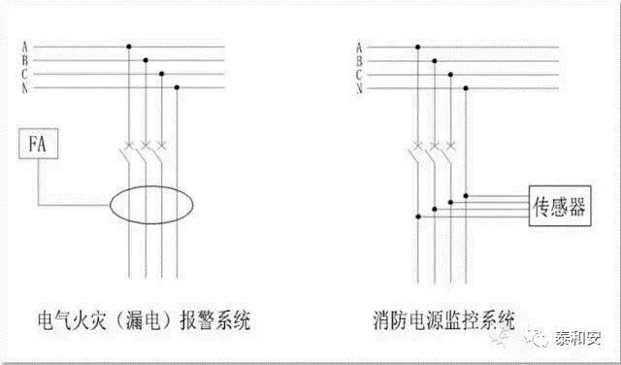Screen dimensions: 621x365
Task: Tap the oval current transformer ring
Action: tap(110, 205)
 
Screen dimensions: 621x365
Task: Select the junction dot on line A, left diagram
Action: tap(129, 47)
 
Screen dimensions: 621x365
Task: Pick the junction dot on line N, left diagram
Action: tap(177, 87)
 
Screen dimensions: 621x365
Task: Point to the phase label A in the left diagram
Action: tap(25, 47)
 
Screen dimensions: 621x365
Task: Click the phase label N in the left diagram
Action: tap(25, 87)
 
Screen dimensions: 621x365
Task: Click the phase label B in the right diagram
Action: tap(359, 61)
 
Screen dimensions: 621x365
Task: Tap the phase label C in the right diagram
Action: tap(359, 75)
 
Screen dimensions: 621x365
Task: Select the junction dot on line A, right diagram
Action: tap(418, 48)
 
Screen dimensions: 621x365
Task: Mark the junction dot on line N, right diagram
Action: tap(466, 88)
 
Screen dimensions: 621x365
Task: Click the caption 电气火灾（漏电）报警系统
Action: tap(145, 320)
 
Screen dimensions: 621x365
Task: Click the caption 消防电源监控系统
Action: tap(444, 320)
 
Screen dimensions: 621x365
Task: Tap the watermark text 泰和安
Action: tap(578, 338)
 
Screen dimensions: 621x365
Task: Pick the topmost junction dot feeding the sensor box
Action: tap(466, 196)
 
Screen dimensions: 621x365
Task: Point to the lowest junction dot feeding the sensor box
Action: tap(418, 216)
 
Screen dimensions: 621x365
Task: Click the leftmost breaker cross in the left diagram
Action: tap(129, 144)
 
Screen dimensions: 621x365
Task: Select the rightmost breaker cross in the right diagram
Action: tap(450, 146)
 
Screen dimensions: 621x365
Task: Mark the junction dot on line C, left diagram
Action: tap(161, 74)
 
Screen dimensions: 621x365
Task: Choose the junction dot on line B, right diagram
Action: tap(435, 61)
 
